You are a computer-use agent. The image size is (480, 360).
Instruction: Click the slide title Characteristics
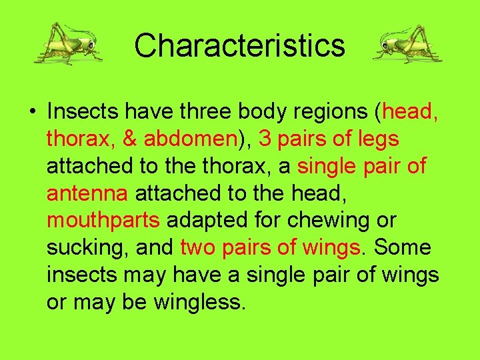pos(240,45)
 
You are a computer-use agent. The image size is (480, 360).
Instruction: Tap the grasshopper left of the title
pos(68,43)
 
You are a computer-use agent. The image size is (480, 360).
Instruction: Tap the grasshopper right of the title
pos(408,44)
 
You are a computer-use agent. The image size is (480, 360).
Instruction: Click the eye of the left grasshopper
pos(91,45)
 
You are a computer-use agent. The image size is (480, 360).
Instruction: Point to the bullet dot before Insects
pos(33,111)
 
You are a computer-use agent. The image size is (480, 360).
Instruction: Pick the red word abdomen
pos(191,138)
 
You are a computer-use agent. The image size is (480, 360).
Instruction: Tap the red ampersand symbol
pos(129,138)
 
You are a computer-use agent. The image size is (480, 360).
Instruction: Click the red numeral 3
pos(265,138)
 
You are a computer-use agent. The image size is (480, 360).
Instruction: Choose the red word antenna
pos(87,193)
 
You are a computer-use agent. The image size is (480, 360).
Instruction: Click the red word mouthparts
pos(103,221)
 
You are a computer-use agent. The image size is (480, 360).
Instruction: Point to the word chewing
pos(328,221)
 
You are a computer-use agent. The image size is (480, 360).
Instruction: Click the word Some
pos(402,247)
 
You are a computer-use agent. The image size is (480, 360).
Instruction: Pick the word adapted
pos(206,221)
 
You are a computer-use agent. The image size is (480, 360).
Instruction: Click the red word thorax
pos(78,139)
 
